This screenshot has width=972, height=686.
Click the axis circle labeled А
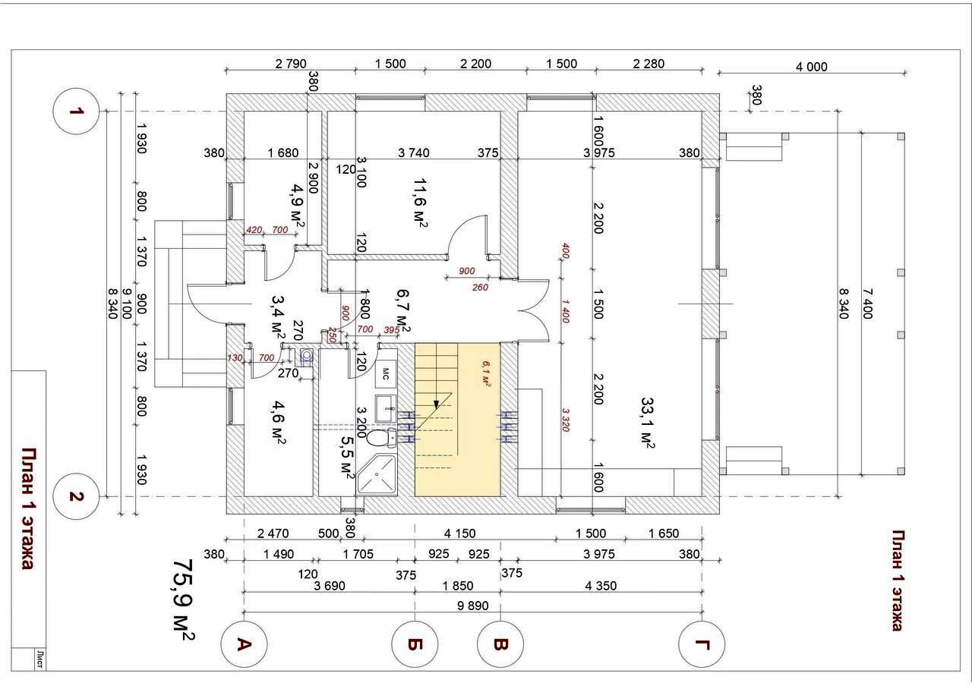(244, 644)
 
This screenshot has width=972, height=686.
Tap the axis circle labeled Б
(415, 644)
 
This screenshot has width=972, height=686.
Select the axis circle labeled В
(500, 644)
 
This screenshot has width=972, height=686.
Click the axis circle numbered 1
(76, 112)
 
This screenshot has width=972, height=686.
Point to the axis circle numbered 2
(76, 496)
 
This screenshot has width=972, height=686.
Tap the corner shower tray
(377, 474)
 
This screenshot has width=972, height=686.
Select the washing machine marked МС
(385, 373)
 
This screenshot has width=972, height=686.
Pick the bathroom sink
(384, 404)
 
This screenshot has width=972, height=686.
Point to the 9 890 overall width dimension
(472, 606)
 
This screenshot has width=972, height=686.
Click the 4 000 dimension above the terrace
(811, 67)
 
